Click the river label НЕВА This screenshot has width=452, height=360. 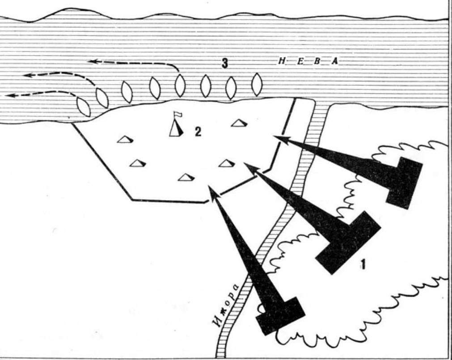pos(308,61)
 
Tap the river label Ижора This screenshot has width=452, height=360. pos(227,306)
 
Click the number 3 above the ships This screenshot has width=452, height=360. pos(225,63)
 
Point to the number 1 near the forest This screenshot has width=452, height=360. pos(363,264)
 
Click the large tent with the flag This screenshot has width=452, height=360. pos(176,129)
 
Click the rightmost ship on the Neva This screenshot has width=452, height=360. pos(257,84)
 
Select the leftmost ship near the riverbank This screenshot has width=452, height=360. pos(84,107)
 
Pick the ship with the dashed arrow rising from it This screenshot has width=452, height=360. pos(180,86)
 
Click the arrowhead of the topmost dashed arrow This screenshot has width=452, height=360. pos(92,61)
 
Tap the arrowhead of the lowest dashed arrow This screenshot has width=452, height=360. pos(11,95)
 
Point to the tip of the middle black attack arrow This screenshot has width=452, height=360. pos(245,163)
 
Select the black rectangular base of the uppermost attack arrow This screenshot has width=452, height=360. pos(405,183)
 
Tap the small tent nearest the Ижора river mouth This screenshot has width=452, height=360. pos(240,123)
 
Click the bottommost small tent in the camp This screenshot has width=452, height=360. pos(186,177)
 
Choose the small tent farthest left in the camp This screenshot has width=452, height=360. pos(125,139)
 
